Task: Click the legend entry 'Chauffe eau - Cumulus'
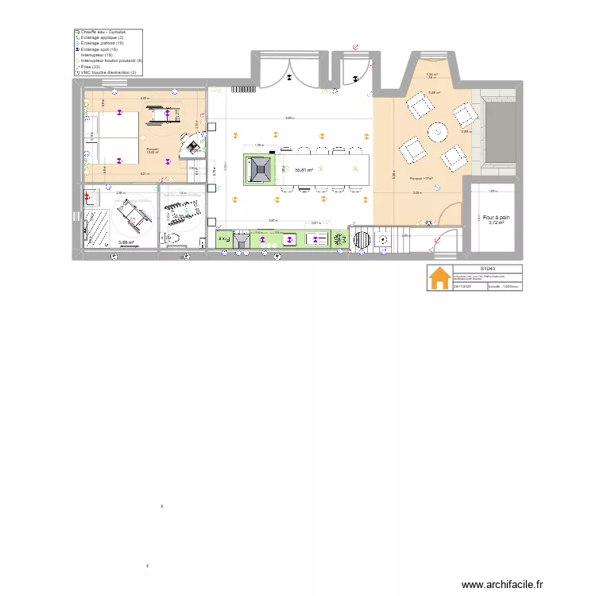click(103, 32)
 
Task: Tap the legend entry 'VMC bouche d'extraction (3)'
click(108, 72)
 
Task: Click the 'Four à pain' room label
click(496, 217)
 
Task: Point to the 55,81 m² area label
click(303, 169)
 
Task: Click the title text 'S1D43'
click(487, 269)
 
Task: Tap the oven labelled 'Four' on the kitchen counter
click(225, 238)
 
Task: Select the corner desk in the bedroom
click(192, 144)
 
